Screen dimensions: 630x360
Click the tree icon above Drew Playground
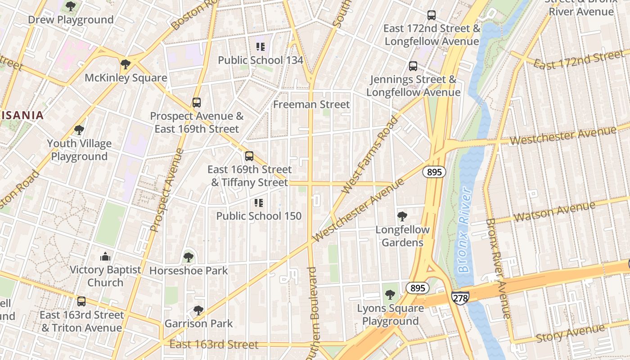pyautogui.click(x=70, y=6)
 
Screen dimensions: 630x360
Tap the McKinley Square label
pyautogui.click(x=126, y=78)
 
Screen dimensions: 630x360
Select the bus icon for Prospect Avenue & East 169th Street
pyautogui.click(x=196, y=102)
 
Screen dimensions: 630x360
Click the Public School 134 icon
pyautogui.click(x=260, y=46)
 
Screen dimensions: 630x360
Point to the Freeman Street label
pyautogui.click(x=311, y=104)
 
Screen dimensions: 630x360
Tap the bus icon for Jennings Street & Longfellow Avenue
pyautogui.click(x=413, y=66)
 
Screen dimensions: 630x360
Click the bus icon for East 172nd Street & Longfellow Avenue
pyautogui.click(x=431, y=15)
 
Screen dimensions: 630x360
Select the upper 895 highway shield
pyautogui.click(x=434, y=171)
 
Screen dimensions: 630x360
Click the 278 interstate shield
pyautogui.click(x=460, y=297)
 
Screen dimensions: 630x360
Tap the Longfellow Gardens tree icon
pyautogui.click(x=402, y=217)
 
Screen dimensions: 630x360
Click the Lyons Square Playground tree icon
pyautogui.click(x=390, y=295)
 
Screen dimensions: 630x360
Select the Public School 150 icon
pyautogui.click(x=258, y=202)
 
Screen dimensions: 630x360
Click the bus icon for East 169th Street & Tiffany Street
pyautogui.click(x=249, y=156)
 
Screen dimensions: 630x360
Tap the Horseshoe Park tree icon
pyautogui.click(x=188, y=257)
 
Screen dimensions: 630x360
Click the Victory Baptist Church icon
pyautogui.click(x=105, y=256)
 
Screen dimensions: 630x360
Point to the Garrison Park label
pyautogui.click(x=198, y=324)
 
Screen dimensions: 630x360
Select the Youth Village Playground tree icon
pyautogui.click(x=79, y=130)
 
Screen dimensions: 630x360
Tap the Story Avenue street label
pyautogui.click(x=570, y=333)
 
